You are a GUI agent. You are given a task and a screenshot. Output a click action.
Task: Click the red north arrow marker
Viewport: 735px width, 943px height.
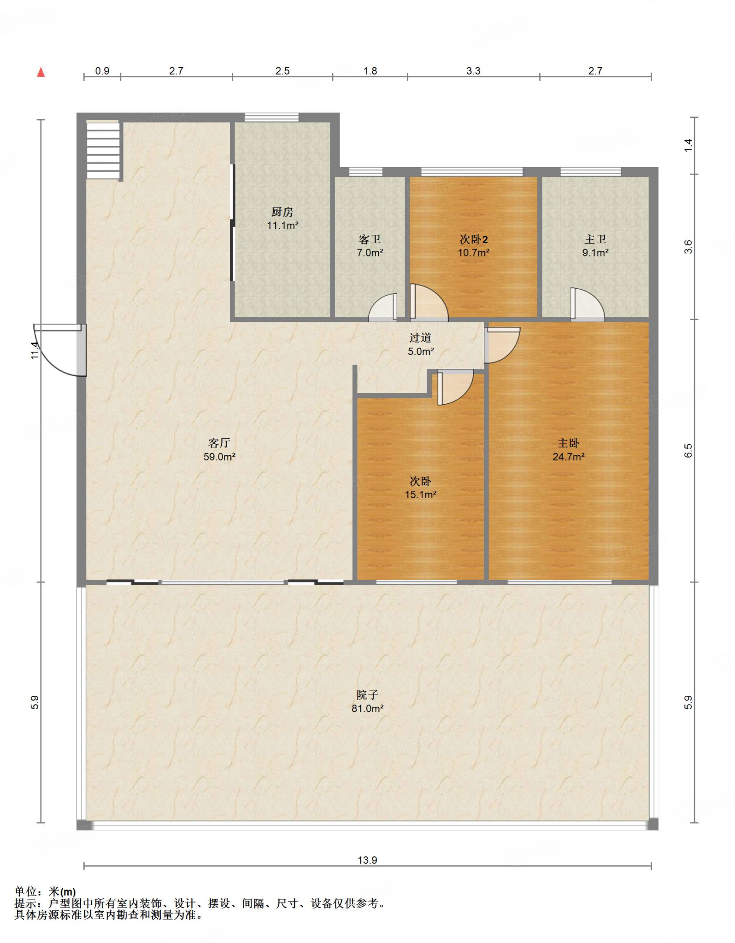41,72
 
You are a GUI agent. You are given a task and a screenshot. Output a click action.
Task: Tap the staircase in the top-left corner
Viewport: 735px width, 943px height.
103,150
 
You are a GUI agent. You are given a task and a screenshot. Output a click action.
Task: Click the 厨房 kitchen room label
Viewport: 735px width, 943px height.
282,212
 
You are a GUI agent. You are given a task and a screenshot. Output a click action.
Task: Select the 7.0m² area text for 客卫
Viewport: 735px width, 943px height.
370,253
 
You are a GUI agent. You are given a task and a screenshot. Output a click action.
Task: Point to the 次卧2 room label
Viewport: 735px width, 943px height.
474,239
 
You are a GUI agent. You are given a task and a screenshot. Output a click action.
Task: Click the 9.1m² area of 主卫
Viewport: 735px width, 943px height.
595,253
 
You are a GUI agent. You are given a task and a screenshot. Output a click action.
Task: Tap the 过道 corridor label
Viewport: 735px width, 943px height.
420,338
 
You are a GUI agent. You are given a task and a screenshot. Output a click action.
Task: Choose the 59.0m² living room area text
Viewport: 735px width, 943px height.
219,457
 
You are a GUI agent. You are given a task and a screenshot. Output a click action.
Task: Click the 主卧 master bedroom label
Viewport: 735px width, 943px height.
568,443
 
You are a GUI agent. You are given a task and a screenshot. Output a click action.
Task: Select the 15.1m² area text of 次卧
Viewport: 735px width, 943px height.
421,495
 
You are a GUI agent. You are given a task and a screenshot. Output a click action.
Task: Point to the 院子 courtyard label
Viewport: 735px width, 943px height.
367,695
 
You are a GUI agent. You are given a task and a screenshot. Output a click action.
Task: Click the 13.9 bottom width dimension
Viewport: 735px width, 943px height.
367,860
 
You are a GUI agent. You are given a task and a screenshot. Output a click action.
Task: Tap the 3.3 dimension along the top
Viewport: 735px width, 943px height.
473,71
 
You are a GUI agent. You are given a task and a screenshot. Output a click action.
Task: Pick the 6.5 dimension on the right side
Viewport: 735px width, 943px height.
688,451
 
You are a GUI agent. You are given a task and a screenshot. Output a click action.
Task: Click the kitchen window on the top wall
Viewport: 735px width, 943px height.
271,117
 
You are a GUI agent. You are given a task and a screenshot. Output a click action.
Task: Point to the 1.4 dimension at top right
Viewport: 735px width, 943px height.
688,146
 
